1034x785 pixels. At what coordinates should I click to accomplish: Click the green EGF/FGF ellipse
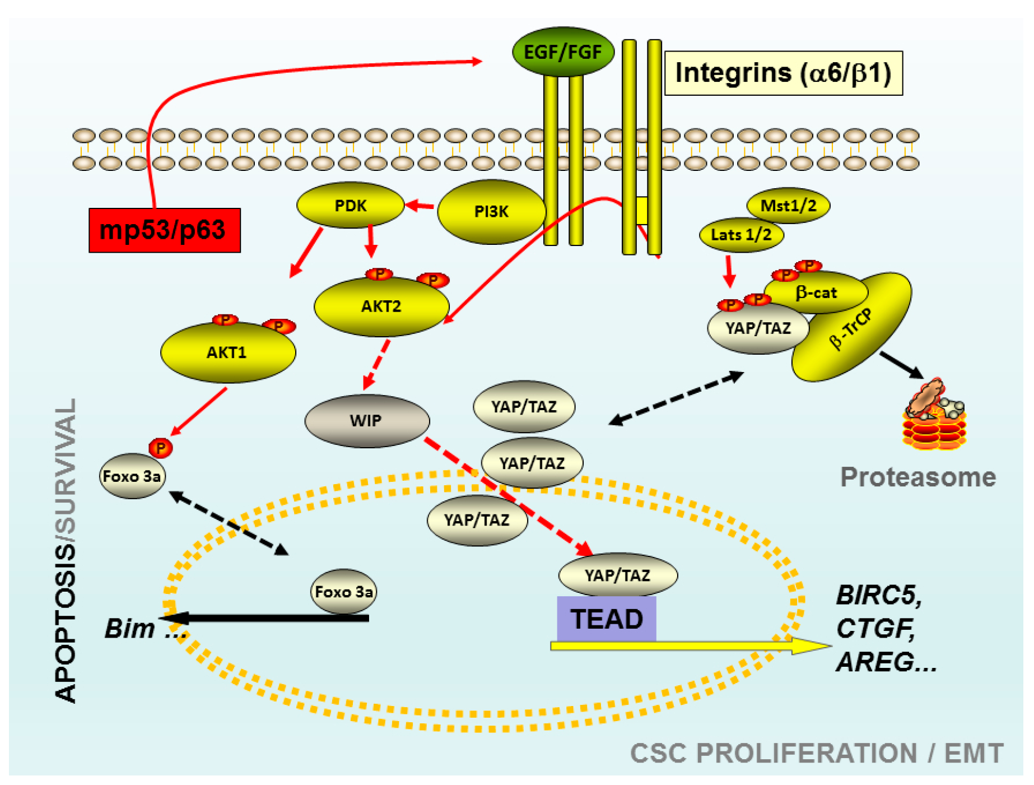[562, 52]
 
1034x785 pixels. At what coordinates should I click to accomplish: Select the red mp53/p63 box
[164, 230]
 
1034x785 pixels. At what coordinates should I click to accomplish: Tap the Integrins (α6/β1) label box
[783, 73]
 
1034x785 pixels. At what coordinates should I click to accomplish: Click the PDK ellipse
[350, 206]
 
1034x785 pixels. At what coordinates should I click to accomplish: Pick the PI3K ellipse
[491, 212]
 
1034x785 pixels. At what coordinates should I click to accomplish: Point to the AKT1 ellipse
[227, 352]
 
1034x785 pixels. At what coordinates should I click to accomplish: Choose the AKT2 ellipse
[381, 306]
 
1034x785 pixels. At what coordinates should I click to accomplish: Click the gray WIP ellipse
[366, 420]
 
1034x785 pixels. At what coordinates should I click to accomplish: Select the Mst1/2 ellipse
[788, 206]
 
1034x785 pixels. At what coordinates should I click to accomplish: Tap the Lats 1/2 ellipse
[740, 235]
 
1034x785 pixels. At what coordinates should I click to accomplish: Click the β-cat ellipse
[816, 292]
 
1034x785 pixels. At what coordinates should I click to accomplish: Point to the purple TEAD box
[606, 619]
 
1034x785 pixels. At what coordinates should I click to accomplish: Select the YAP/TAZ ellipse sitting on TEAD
[617, 575]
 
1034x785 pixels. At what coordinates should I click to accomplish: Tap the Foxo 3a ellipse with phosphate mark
[132, 476]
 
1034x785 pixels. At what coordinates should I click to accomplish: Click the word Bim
[129, 629]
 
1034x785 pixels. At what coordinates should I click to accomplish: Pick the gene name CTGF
[875, 628]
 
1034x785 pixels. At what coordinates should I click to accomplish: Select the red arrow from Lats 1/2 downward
[729, 271]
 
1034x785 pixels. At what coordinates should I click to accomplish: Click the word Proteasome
[917, 477]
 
